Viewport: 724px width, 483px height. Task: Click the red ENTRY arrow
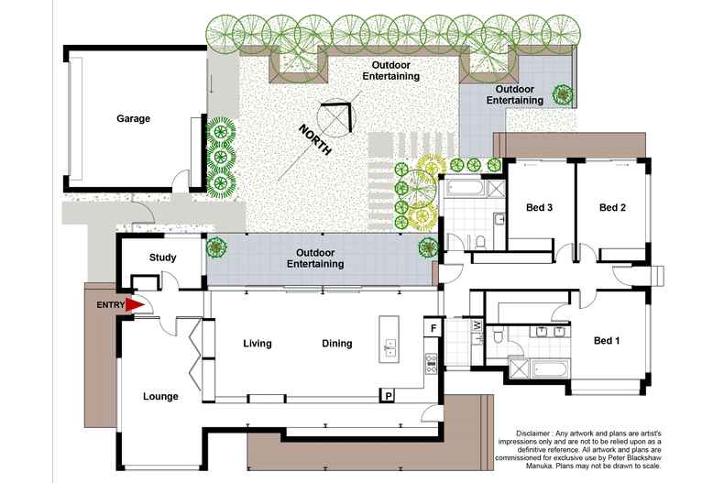pyautogui.click(x=136, y=305)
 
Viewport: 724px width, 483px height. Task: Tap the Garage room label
pyautogui.click(x=133, y=118)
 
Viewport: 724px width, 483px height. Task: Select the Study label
pyautogui.click(x=163, y=258)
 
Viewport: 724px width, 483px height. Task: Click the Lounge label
pyautogui.click(x=160, y=397)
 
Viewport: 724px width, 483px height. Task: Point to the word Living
pyautogui.click(x=258, y=344)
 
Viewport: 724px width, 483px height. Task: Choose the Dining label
pyautogui.click(x=337, y=344)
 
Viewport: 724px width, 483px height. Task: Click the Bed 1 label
pyautogui.click(x=607, y=341)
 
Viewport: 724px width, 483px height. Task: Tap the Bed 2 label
pyautogui.click(x=612, y=208)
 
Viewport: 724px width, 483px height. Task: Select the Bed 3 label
pyautogui.click(x=539, y=208)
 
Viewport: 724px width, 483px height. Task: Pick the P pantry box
pyautogui.click(x=389, y=395)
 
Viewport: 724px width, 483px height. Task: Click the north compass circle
pyautogui.click(x=335, y=117)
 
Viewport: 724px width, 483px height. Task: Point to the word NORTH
pyautogui.click(x=314, y=140)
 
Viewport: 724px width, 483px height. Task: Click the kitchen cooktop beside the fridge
pyautogui.click(x=430, y=361)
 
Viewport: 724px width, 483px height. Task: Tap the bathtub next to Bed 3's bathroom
pyautogui.click(x=466, y=190)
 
